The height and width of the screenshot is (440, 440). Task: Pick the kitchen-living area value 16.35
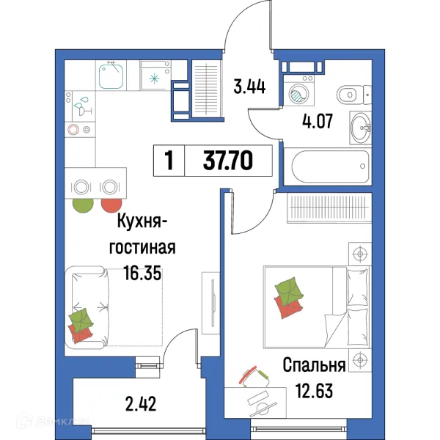(x=142, y=274)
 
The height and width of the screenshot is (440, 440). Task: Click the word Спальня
(x=314, y=364)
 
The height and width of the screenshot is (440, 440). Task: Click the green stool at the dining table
(x=82, y=205)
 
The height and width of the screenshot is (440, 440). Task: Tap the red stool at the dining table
(x=111, y=205)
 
